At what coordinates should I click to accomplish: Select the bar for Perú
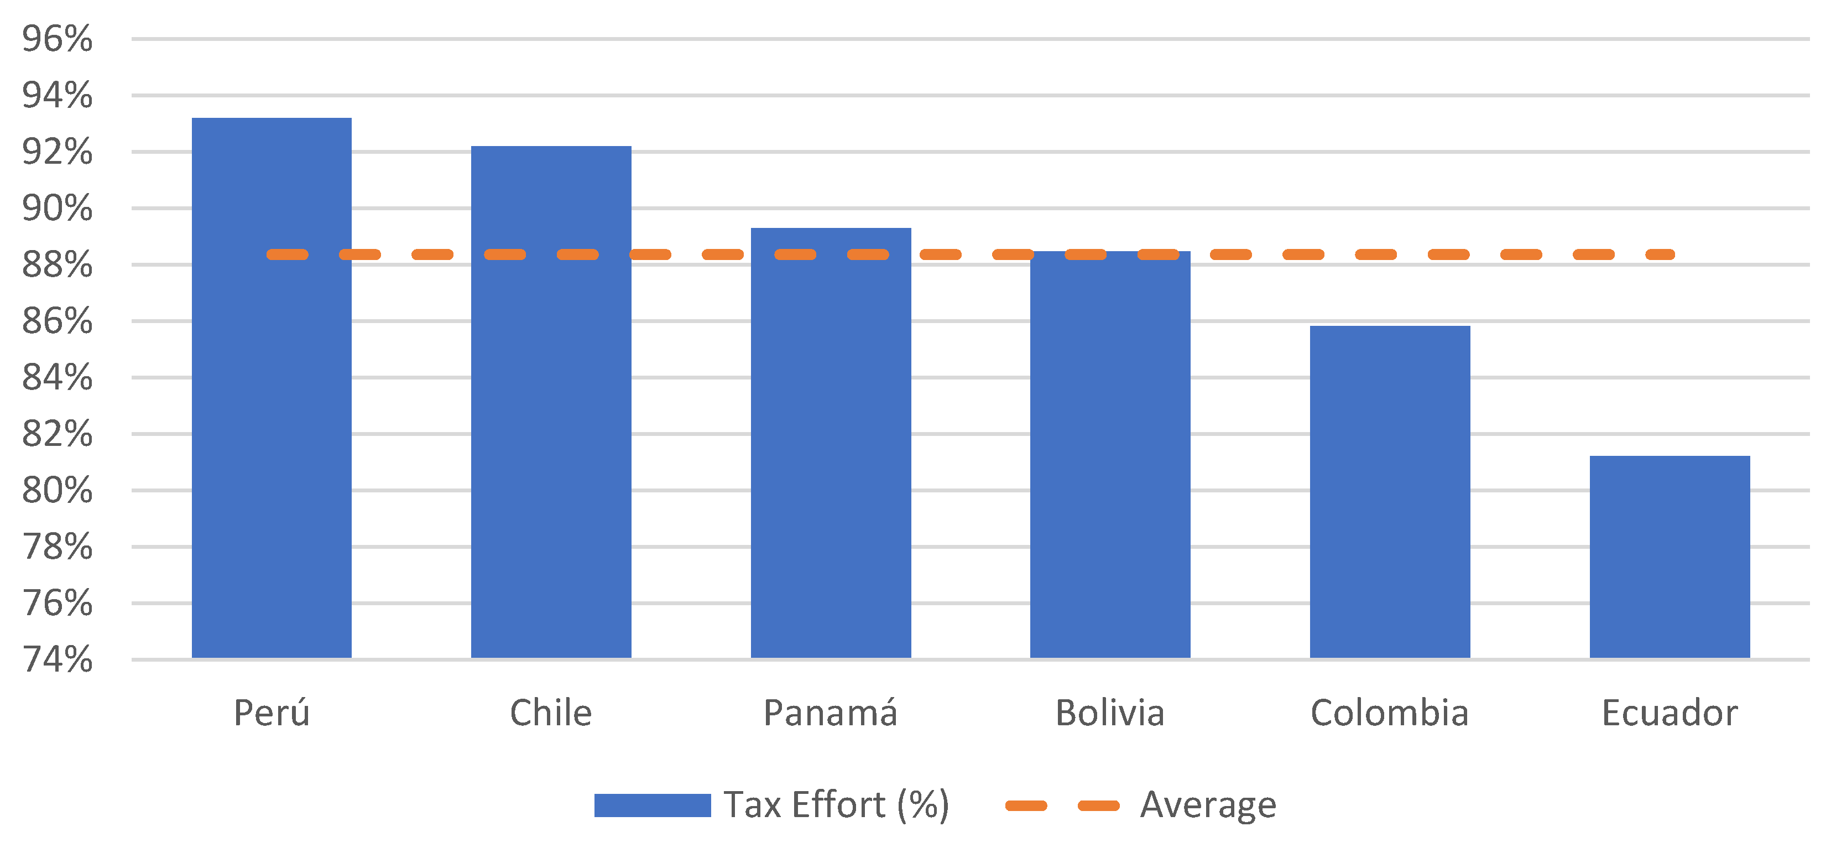(x=272, y=388)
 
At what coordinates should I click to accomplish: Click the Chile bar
(x=551, y=402)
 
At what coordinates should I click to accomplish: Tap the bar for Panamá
(x=831, y=443)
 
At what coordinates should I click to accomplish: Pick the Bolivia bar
(x=1110, y=455)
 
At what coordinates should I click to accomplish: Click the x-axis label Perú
(x=272, y=713)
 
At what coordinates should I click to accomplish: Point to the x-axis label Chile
(x=551, y=713)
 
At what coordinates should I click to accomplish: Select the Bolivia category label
(x=1110, y=713)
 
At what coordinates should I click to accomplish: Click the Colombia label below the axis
(x=1390, y=713)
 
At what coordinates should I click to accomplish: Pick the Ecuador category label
(x=1670, y=713)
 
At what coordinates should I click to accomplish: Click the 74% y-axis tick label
(x=57, y=659)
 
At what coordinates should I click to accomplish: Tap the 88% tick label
(x=57, y=264)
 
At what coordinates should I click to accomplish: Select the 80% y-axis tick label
(x=57, y=490)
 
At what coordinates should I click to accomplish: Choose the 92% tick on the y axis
(x=57, y=152)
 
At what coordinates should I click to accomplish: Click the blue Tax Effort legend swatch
(x=652, y=805)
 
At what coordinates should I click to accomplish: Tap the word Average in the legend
(x=1208, y=805)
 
